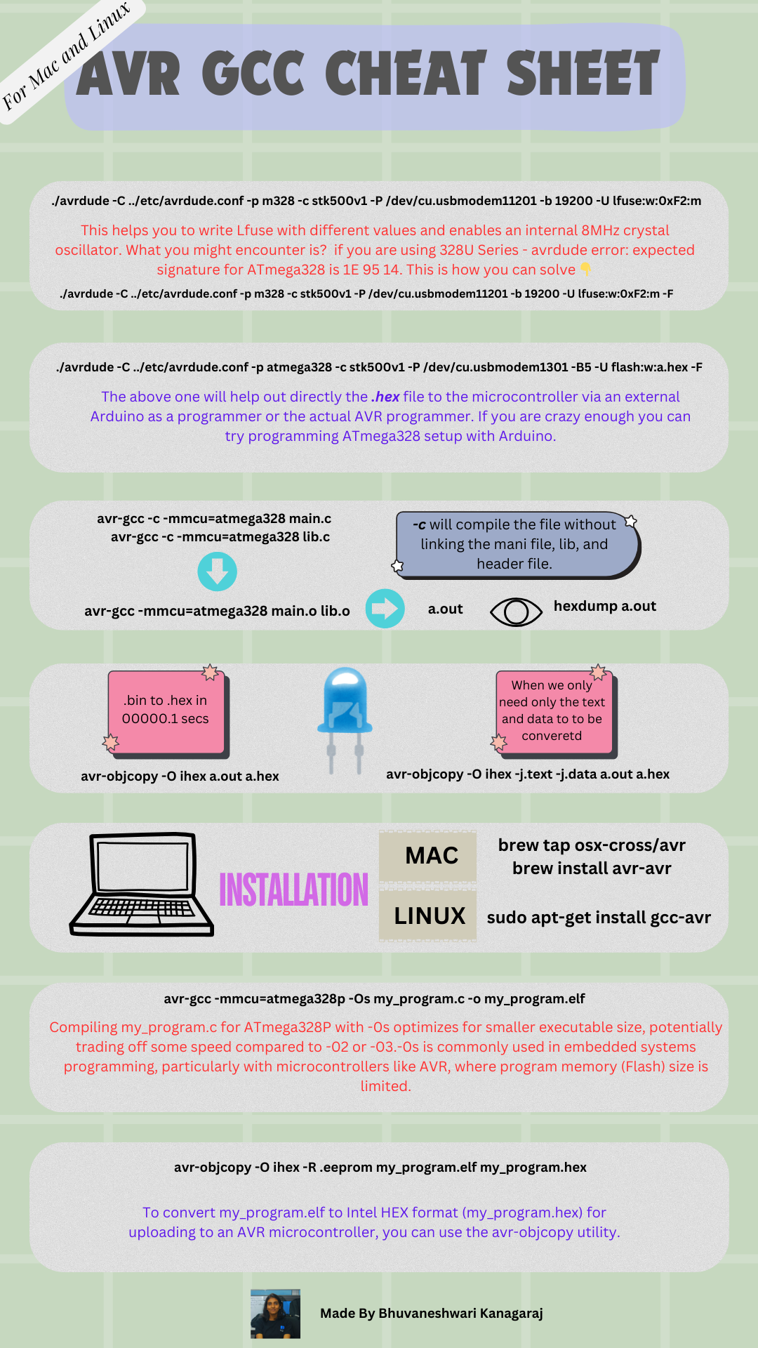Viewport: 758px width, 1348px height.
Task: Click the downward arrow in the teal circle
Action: pyautogui.click(x=217, y=571)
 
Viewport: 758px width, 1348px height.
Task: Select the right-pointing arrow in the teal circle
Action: pyautogui.click(x=385, y=608)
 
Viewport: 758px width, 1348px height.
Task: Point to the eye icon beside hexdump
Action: pyautogui.click(x=516, y=612)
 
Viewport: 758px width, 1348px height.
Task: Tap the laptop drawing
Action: pyautogui.click(x=142, y=884)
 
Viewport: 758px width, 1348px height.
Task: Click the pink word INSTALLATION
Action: pyautogui.click(x=293, y=890)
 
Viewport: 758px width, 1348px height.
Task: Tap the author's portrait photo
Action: pyautogui.click(x=275, y=1314)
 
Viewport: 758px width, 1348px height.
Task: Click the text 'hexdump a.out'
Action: pyautogui.click(x=604, y=606)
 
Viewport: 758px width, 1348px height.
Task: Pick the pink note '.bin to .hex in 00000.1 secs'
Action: pyautogui.click(x=166, y=711)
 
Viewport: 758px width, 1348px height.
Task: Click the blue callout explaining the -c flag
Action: pyautogui.click(x=515, y=544)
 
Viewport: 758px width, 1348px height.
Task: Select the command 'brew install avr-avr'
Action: pyautogui.click(x=592, y=868)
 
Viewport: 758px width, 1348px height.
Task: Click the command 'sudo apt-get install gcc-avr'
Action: pyautogui.click(x=599, y=918)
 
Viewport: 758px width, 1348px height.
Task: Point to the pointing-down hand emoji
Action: pyautogui.click(x=585, y=270)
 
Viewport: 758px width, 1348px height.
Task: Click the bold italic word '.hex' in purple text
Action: pyautogui.click(x=385, y=397)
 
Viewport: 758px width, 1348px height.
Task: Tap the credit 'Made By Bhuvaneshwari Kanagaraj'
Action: pyautogui.click(x=431, y=1313)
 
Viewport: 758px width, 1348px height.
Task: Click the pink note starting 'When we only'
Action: pyautogui.click(x=552, y=711)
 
